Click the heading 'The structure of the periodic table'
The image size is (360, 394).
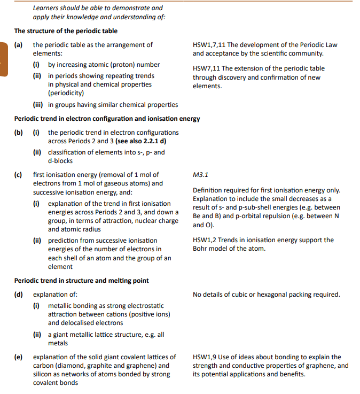(x=66, y=31)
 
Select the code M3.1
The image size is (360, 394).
(x=200, y=174)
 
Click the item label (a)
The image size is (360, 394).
(x=18, y=45)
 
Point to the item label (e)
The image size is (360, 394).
(x=18, y=357)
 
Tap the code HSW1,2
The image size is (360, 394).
(x=206, y=240)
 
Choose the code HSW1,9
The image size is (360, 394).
(x=206, y=357)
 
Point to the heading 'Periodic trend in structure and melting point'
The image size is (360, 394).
(x=81, y=280)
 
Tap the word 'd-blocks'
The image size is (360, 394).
(x=60, y=161)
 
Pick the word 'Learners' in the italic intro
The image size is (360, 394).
(x=46, y=8)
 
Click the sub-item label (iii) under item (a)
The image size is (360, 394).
(x=38, y=105)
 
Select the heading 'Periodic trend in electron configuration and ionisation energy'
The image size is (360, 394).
(x=107, y=119)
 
